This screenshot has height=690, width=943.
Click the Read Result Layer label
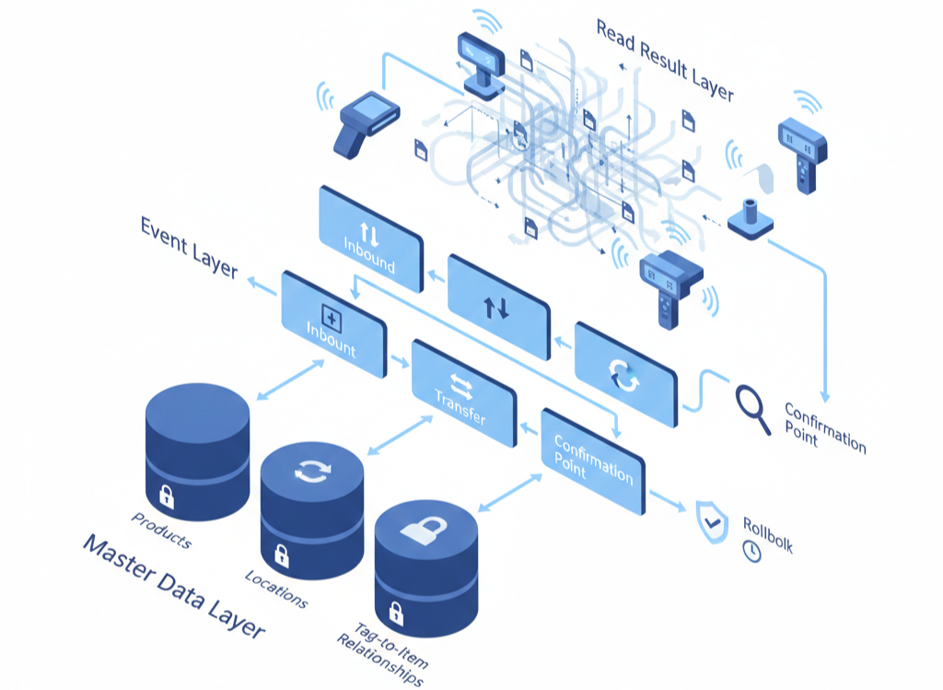[x=664, y=60]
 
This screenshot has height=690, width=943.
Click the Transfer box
[x=462, y=394]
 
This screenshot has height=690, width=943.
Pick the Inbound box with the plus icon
[x=332, y=324]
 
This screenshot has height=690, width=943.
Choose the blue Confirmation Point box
[x=593, y=460]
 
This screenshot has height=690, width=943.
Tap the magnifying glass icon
[x=751, y=408]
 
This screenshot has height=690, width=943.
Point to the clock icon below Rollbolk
[x=752, y=551]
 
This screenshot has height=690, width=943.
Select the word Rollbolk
[x=766, y=533]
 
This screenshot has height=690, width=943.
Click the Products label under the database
[x=161, y=530]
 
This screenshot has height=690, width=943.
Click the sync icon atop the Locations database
[x=310, y=471]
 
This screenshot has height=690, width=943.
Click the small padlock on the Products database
[x=167, y=498]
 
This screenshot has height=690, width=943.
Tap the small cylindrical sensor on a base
[x=751, y=217]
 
